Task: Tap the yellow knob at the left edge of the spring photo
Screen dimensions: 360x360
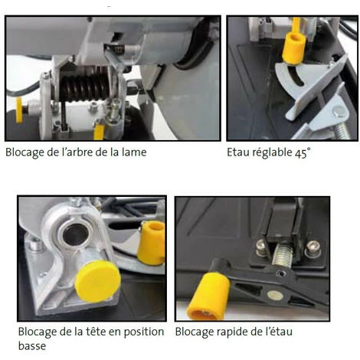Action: (x=19, y=110)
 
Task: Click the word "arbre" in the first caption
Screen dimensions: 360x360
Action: (x=74, y=152)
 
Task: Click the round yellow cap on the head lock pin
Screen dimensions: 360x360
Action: (x=97, y=282)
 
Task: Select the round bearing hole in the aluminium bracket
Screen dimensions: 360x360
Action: (x=76, y=235)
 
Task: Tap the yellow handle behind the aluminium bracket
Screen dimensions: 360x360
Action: (x=152, y=244)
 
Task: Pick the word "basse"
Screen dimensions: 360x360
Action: (x=32, y=346)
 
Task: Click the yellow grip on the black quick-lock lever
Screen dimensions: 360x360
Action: (x=208, y=296)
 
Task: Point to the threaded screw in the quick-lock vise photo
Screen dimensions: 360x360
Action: (x=283, y=255)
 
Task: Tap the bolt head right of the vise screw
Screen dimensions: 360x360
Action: (x=313, y=248)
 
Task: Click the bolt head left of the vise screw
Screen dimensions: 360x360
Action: (x=262, y=247)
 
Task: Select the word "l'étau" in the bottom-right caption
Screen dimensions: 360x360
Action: (x=279, y=332)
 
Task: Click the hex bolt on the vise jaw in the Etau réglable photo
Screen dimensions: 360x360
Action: (x=339, y=112)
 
